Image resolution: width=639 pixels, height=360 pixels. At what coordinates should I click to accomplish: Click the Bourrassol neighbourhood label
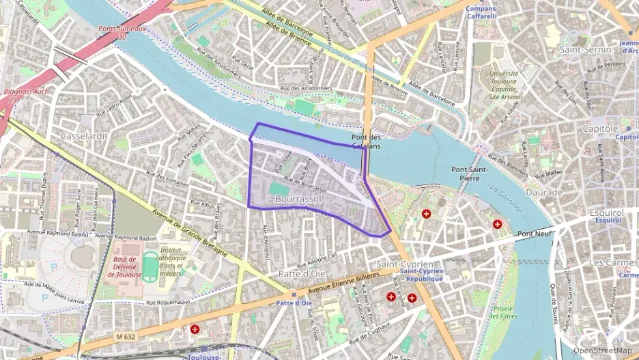298,198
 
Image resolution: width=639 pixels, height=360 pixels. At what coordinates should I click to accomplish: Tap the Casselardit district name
84,136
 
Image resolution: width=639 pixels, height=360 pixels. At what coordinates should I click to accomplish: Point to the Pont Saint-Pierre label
468,174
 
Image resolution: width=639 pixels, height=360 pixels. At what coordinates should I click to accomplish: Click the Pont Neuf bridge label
535,234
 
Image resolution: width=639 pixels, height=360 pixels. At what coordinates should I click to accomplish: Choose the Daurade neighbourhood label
543,193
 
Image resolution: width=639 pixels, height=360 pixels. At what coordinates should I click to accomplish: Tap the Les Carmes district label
612,262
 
